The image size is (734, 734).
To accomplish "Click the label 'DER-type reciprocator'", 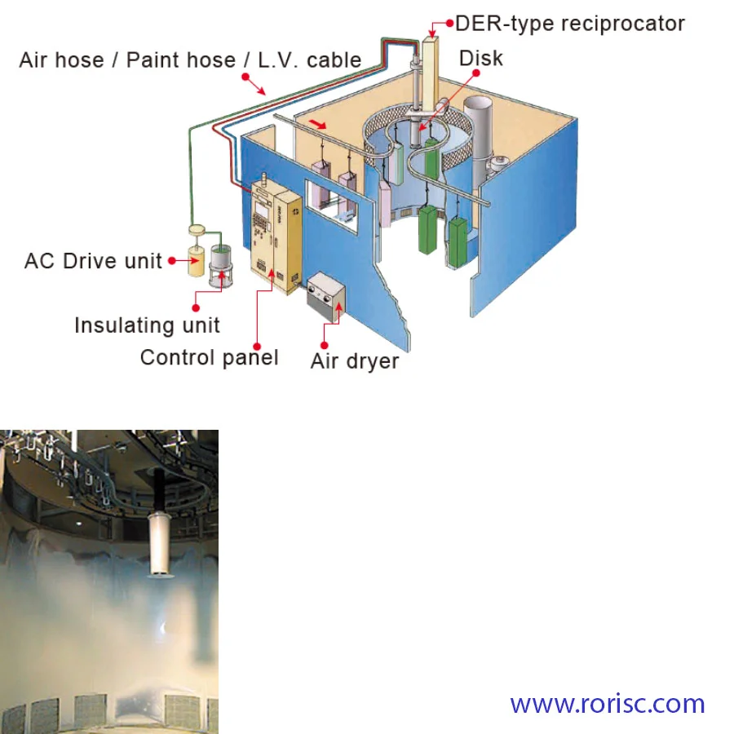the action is [x=570, y=24].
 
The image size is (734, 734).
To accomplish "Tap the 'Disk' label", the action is [x=480, y=59].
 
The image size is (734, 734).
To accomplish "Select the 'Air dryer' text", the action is [x=355, y=361].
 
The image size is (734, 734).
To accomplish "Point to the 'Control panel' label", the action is [x=210, y=358].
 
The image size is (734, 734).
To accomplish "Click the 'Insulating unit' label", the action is [x=147, y=325].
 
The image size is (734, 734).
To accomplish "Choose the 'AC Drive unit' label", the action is [x=93, y=261].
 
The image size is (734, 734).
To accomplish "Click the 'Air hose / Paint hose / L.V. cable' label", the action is [x=190, y=60].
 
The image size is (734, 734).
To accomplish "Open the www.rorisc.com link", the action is [x=607, y=704].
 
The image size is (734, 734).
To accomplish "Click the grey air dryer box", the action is [x=326, y=297].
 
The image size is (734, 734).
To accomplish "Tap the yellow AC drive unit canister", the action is [x=197, y=260].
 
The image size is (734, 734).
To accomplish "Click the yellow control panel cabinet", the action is [x=276, y=237].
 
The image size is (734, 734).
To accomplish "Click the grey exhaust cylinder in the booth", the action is [x=478, y=140].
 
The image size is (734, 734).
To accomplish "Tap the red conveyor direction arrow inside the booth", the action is [x=319, y=124].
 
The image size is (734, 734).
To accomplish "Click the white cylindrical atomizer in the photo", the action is [x=159, y=545].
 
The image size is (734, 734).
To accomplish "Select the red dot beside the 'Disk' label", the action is [x=476, y=73].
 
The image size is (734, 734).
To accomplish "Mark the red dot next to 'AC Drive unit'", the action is [x=172, y=261].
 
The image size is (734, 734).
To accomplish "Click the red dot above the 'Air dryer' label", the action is [x=324, y=346].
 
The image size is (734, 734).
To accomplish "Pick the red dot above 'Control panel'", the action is [x=257, y=347].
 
